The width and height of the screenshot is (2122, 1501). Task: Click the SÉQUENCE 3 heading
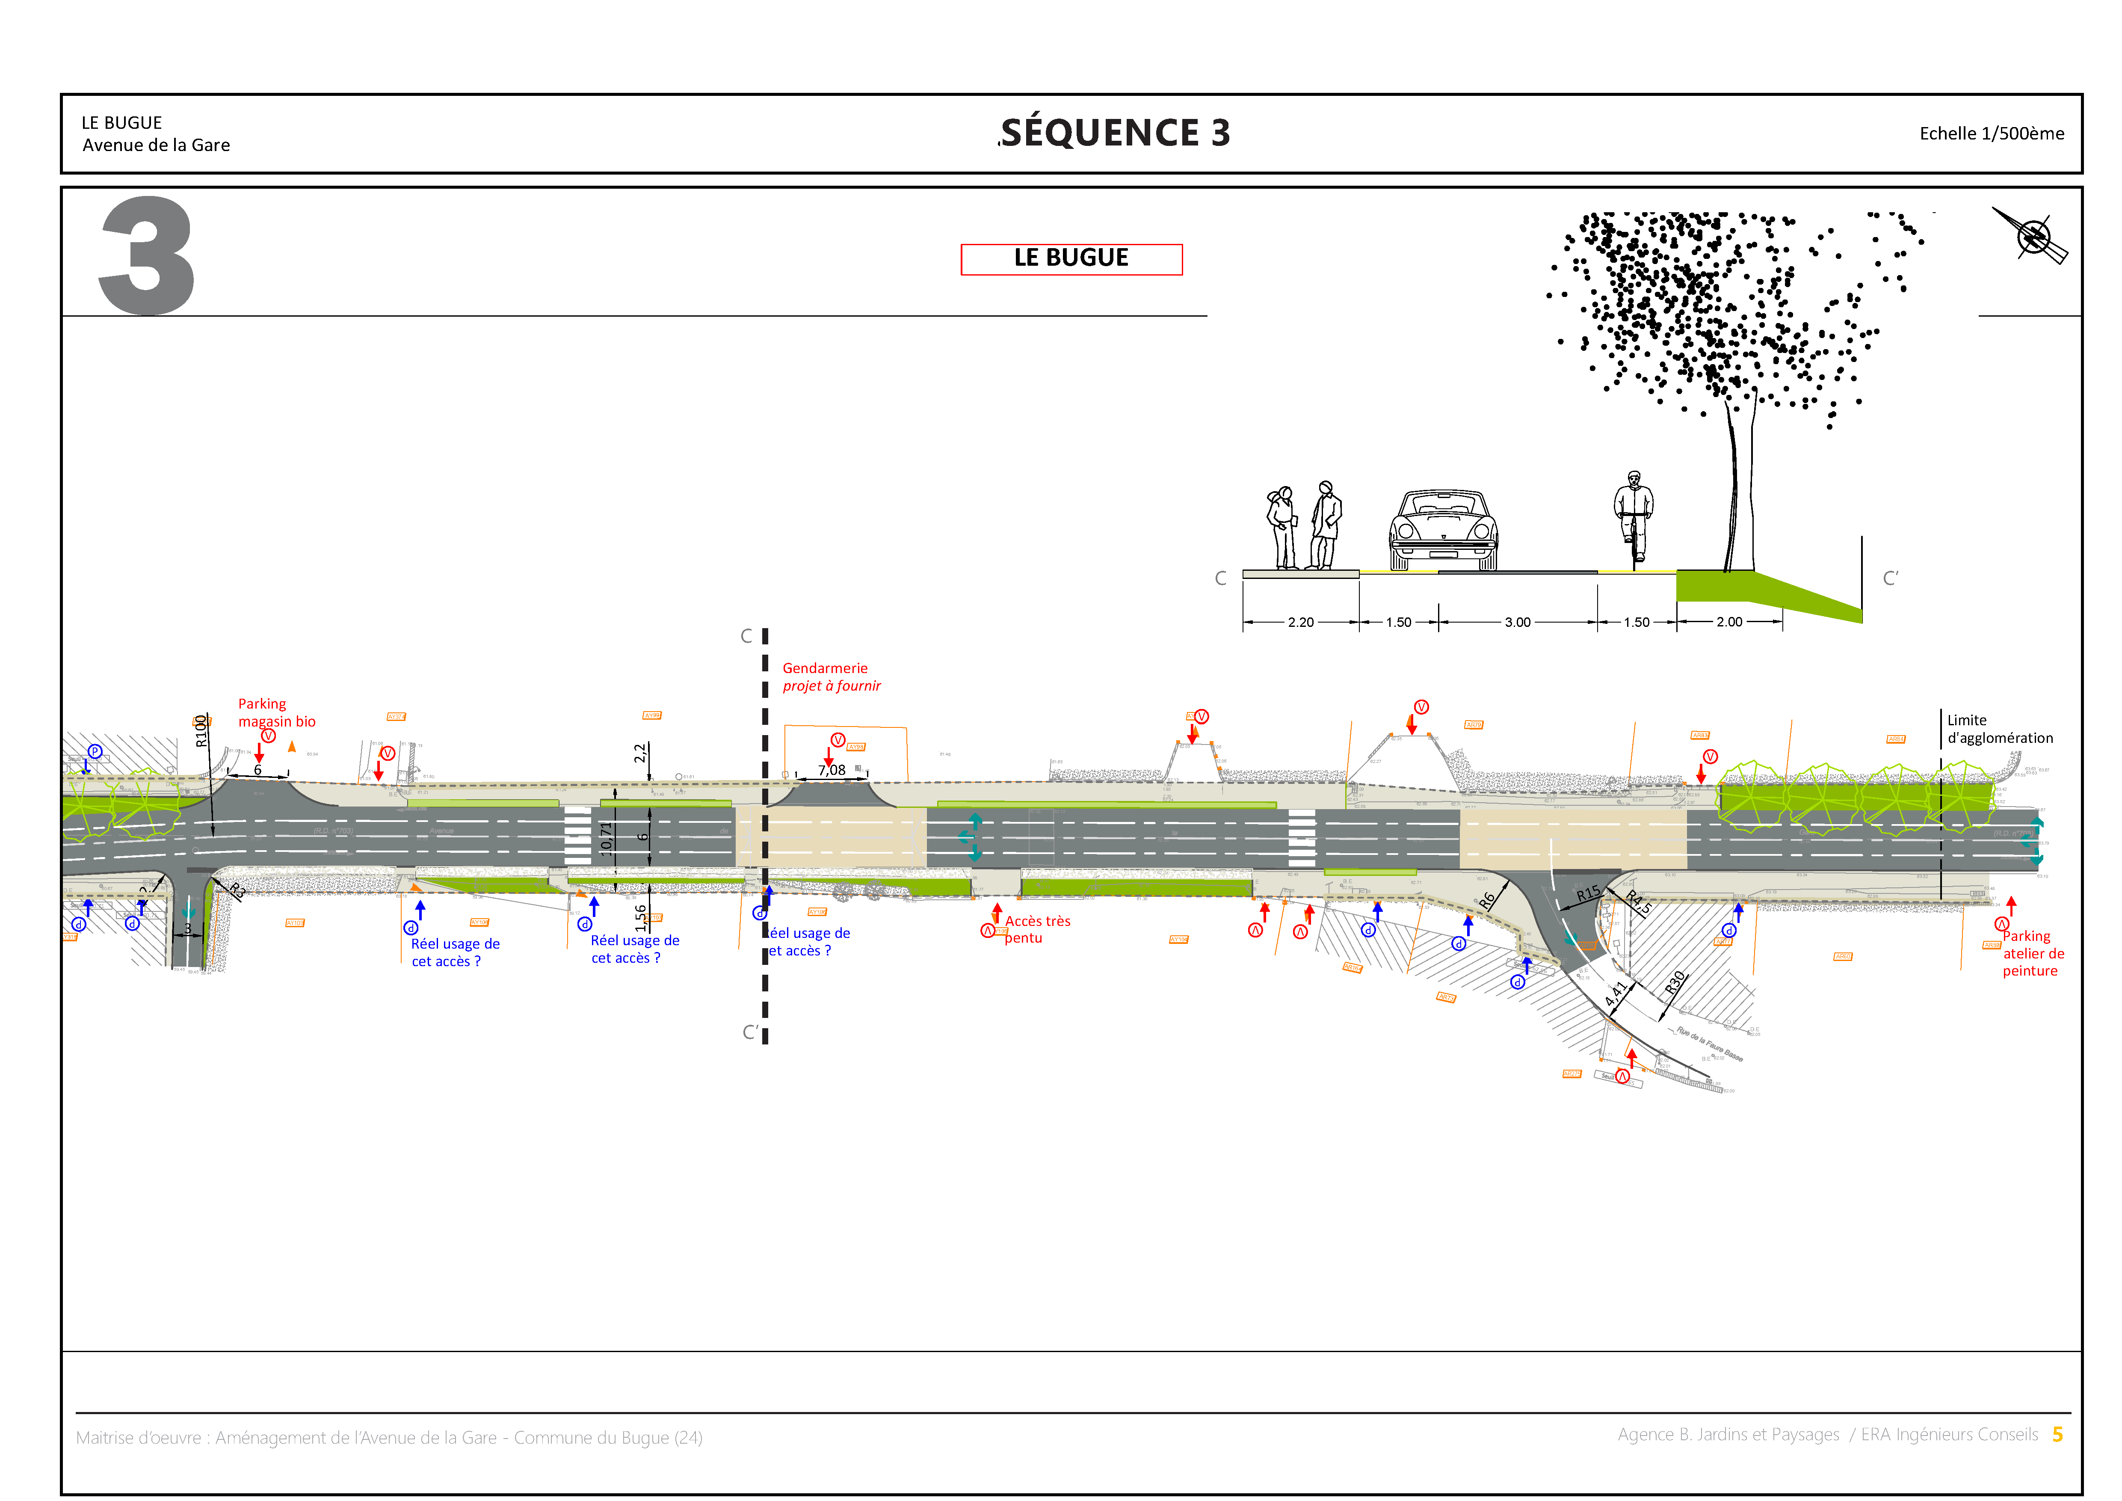click(1116, 133)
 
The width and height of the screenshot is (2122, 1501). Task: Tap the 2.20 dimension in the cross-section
click(1300, 622)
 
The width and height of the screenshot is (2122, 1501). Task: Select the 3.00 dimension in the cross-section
click(1518, 622)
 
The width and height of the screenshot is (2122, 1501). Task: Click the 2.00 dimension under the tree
click(1729, 622)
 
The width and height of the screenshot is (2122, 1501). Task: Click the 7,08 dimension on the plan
click(831, 770)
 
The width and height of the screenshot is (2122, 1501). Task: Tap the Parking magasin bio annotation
click(276, 712)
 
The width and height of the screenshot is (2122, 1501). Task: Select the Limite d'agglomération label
click(1999, 729)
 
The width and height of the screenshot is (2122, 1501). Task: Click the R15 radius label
click(1588, 894)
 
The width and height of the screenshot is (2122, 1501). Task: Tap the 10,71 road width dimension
click(606, 838)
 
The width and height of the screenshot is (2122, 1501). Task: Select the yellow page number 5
click(2057, 1434)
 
